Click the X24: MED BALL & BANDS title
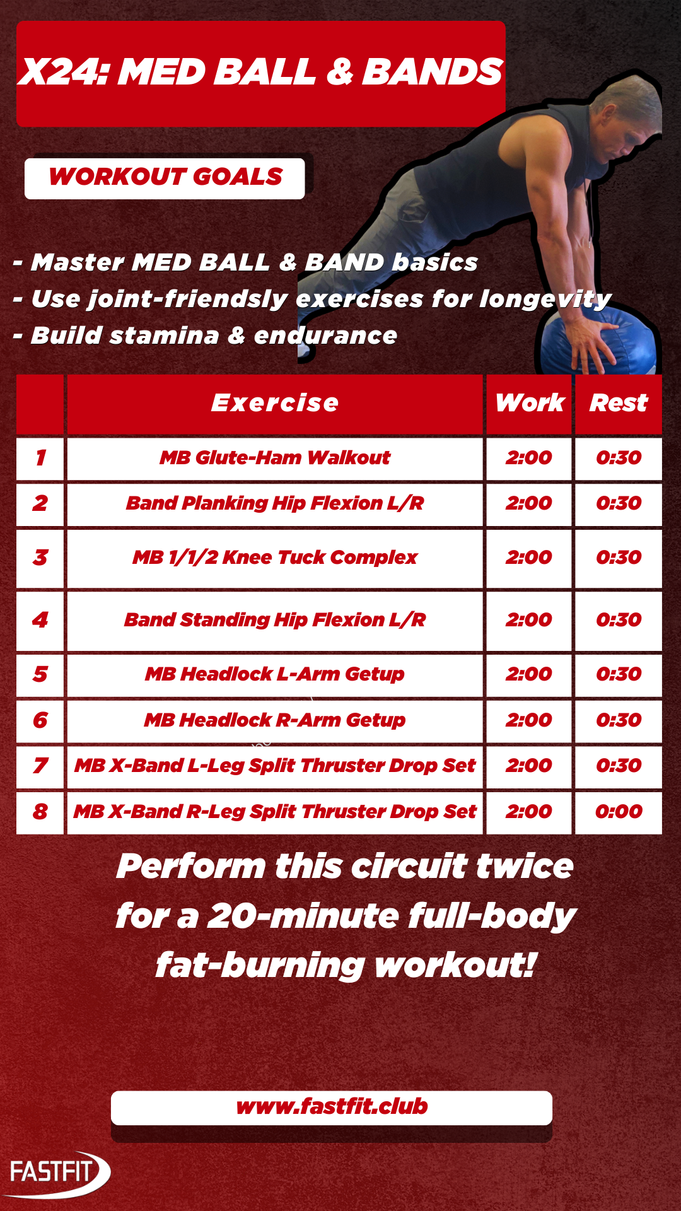[260, 72]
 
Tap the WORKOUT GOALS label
[165, 177]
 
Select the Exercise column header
[275, 403]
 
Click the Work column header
[529, 403]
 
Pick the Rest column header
[619, 403]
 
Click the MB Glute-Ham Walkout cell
[275, 458]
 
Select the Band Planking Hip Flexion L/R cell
[275, 504]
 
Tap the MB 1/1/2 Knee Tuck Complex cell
[275, 558]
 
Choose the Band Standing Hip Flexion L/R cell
[275, 621]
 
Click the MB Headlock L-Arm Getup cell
[275, 675]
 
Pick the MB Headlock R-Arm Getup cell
[275, 721]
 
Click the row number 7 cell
[40, 766]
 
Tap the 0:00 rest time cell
[619, 812]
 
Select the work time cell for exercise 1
[529, 458]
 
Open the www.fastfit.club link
[332, 1106]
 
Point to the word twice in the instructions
[525, 866]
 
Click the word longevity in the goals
[545, 299]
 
